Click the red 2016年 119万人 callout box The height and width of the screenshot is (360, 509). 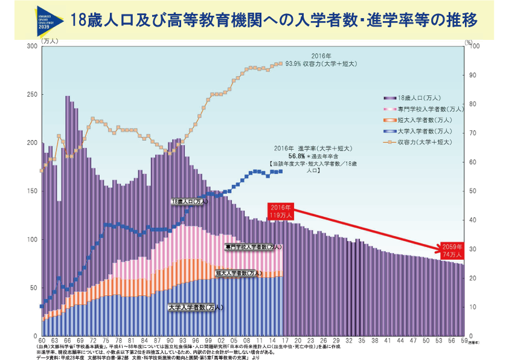[281, 210]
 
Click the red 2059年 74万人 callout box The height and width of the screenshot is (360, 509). [452, 250]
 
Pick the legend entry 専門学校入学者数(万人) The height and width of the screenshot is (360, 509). [430, 109]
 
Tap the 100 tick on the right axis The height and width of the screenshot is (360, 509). [475, 47]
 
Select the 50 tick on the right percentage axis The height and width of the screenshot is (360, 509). [473, 191]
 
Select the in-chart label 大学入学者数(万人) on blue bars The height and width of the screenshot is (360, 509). [196, 307]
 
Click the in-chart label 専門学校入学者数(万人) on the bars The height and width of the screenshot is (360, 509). [253, 247]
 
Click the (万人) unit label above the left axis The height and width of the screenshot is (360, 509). [51, 40]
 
